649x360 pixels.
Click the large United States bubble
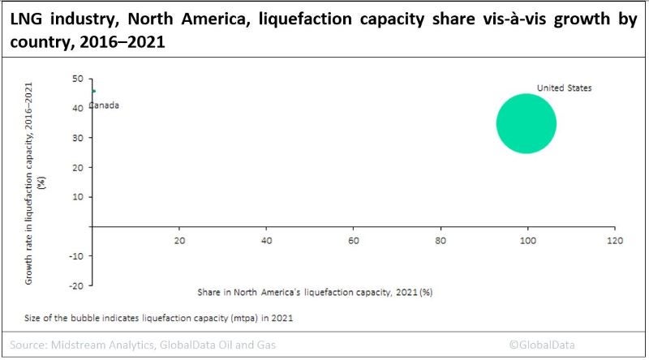(526, 123)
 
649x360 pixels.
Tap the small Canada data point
(93, 91)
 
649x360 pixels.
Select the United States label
(564, 88)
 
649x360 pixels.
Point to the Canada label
(104, 105)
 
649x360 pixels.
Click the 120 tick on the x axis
(615, 241)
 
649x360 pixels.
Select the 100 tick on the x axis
(528, 241)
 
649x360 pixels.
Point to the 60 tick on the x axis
(354, 241)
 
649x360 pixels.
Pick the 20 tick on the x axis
(180, 241)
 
